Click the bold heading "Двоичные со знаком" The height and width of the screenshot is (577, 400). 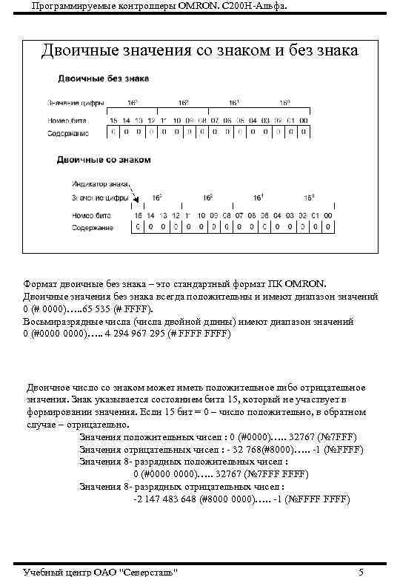104,159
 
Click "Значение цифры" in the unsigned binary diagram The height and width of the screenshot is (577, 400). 76,103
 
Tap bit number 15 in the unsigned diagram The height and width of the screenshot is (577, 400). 113,120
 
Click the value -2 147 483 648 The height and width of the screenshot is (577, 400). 172,499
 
